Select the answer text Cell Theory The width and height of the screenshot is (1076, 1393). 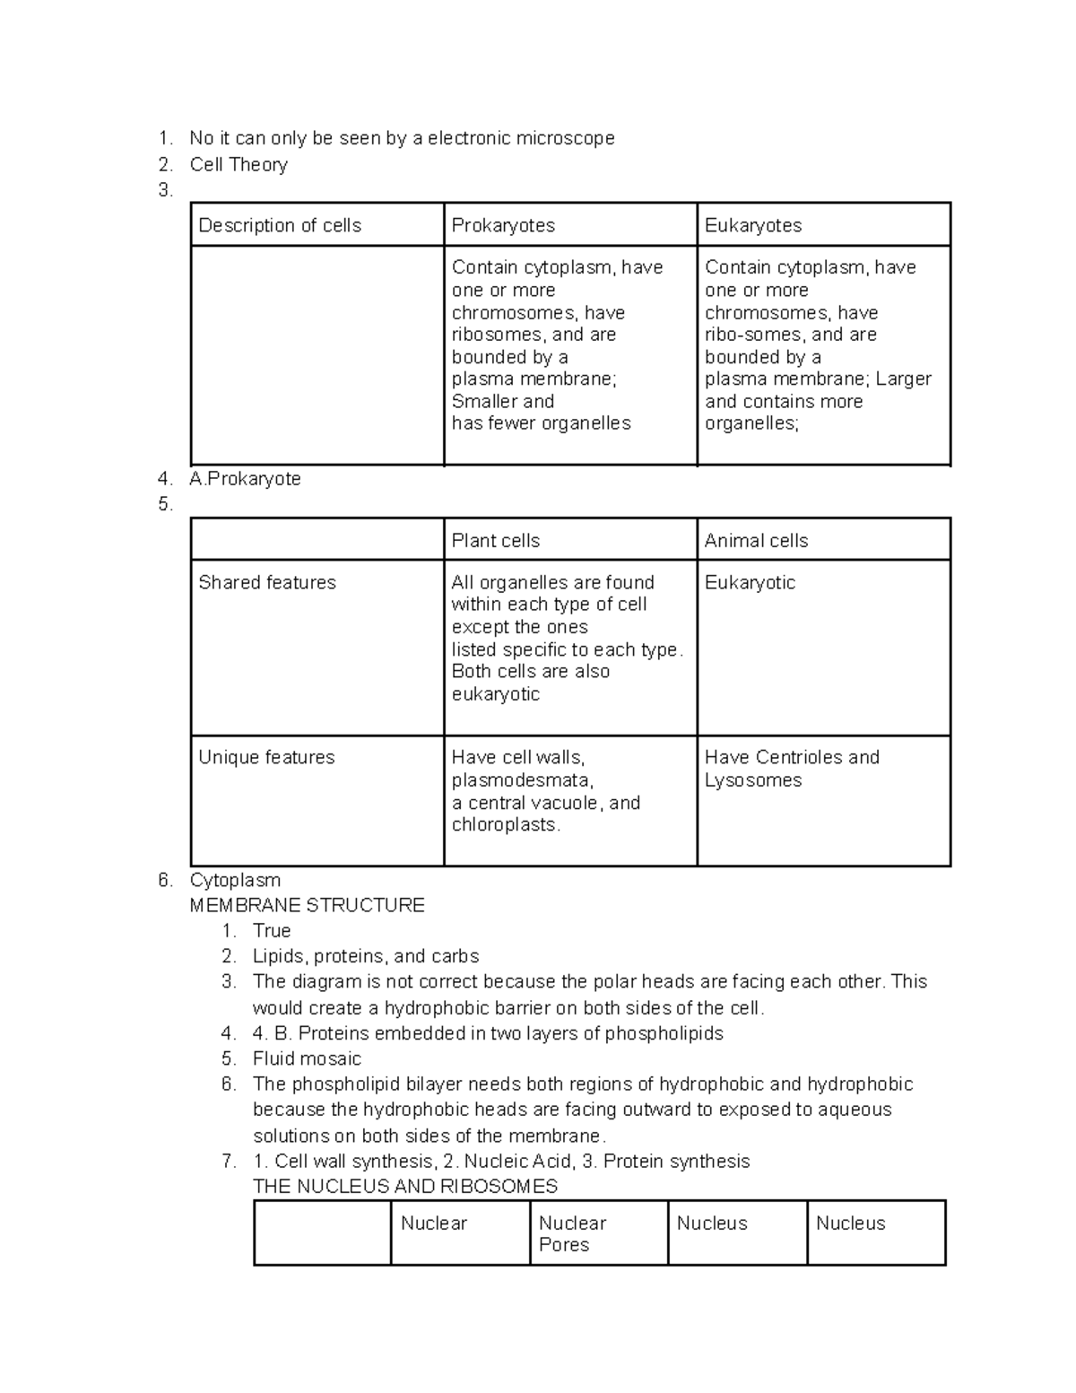[x=239, y=164]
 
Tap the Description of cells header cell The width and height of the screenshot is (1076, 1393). [x=280, y=225]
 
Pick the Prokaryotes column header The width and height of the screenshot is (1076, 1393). [x=503, y=225]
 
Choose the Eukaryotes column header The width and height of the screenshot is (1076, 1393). [x=753, y=225]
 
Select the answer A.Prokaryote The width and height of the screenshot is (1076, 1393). [x=245, y=478]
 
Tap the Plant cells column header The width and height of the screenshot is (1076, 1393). [x=495, y=540]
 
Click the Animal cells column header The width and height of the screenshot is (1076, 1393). [x=756, y=540]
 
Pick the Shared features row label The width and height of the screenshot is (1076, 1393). [x=267, y=582]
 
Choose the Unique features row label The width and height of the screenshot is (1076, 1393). [x=266, y=757]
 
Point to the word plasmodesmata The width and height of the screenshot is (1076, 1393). [x=522, y=780]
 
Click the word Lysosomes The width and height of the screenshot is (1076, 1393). [x=753, y=780]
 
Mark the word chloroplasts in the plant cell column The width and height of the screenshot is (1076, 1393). [x=505, y=824]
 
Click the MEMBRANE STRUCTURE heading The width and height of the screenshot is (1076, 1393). [x=307, y=905]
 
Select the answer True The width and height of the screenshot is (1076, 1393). [x=272, y=930]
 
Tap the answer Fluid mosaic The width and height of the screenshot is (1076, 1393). [x=307, y=1058]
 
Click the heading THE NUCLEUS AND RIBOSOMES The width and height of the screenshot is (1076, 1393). [x=405, y=1186]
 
